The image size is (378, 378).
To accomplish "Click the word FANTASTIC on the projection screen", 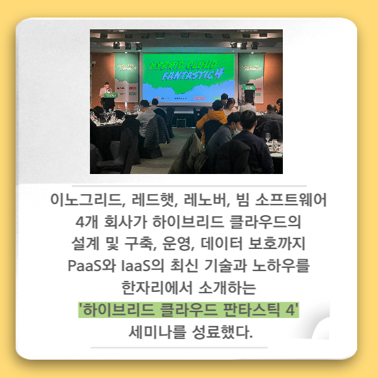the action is [x=191, y=75].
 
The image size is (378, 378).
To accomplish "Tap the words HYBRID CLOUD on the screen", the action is [x=182, y=65].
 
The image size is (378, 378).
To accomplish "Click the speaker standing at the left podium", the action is [x=106, y=93].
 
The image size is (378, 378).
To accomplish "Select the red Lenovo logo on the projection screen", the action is [x=199, y=98].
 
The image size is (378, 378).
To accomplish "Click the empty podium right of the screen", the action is [x=249, y=92].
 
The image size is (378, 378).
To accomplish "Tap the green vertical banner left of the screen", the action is [x=126, y=76].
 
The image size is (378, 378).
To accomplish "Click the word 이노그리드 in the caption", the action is [x=87, y=200].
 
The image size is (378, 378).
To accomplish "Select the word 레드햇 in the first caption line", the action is [x=154, y=200].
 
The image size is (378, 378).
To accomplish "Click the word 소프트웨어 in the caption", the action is [x=291, y=200].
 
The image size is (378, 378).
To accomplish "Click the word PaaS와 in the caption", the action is [x=92, y=266].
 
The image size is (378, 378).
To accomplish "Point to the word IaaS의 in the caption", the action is [x=143, y=266].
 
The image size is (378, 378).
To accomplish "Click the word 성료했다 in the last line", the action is [x=222, y=332].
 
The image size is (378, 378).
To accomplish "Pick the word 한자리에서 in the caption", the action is [x=158, y=287].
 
